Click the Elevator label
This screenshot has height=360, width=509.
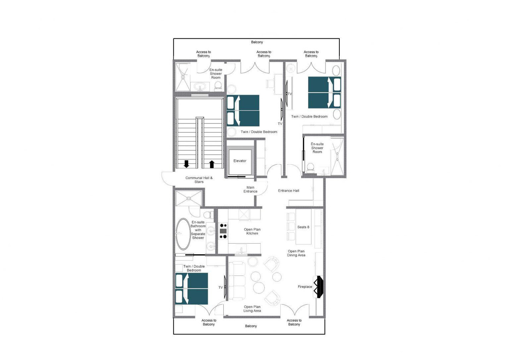pyautogui.click(x=240, y=161)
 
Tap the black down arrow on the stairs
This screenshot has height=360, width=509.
pyautogui.click(x=186, y=164)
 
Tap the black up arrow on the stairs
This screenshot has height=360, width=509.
pyautogui.click(x=212, y=164)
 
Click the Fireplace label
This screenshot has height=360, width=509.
pyautogui.click(x=305, y=287)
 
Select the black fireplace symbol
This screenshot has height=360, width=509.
pyautogui.click(x=318, y=287)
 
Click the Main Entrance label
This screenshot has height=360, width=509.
pyautogui.click(x=250, y=189)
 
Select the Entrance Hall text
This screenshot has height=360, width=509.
pyautogui.click(x=288, y=191)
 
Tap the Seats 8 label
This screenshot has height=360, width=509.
pyautogui.click(x=303, y=227)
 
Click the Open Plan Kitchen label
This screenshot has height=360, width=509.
pyautogui.click(x=252, y=231)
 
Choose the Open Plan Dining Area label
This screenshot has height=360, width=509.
pyautogui.click(x=296, y=253)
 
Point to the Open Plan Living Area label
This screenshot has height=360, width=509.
pyautogui.click(x=252, y=309)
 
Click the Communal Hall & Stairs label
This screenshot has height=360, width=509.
pyautogui.click(x=199, y=180)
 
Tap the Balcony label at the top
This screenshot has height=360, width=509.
pyautogui.click(x=257, y=42)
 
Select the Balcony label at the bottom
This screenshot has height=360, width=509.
pyautogui.click(x=251, y=326)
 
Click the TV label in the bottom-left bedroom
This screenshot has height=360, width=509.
pyautogui.click(x=221, y=288)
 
